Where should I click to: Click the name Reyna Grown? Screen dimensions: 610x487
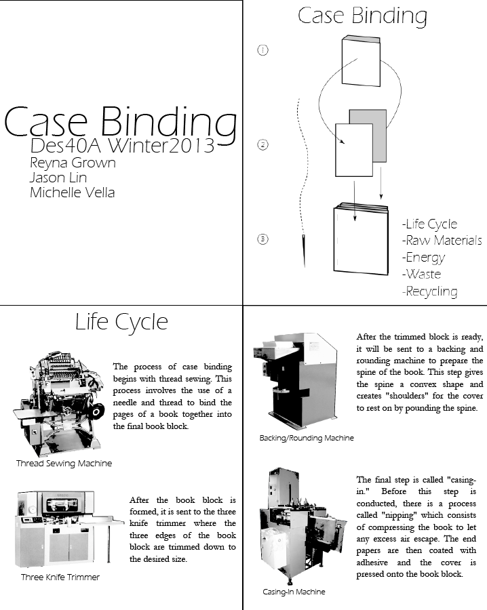[x=73, y=163]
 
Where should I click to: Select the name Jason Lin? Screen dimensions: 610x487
[x=58, y=178]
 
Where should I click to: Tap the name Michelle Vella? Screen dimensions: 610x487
[x=73, y=192]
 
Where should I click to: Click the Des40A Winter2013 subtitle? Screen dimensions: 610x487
[x=123, y=145]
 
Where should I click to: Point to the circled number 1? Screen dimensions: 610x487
[x=263, y=50]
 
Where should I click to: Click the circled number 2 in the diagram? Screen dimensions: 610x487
[x=263, y=144]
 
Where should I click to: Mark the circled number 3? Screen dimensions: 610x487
[x=263, y=239]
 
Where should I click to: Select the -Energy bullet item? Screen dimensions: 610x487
[x=423, y=258]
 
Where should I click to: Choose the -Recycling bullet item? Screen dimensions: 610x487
[x=429, y=291]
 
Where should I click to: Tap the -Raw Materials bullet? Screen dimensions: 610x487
[x=442, y=241]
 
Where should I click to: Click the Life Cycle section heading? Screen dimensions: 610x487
[x=121, y=322]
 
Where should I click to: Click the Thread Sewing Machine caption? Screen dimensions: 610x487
[x=64, y=464]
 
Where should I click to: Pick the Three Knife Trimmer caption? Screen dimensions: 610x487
[x=60, y=577]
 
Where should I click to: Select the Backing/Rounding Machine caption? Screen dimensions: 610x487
[x=307, y=438]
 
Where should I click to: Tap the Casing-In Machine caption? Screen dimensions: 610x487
[x=294, y=592]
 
